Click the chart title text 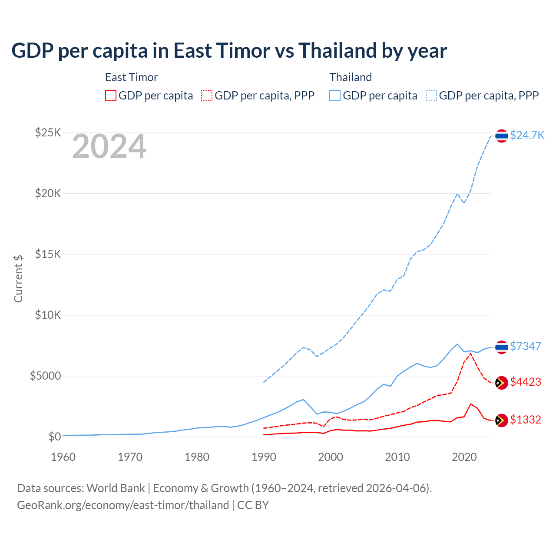[229, 51]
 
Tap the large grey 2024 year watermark [109, 147]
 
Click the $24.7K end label [527, 135]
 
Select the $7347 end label [525, 346]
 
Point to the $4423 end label [525, 382]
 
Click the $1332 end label [525, 420]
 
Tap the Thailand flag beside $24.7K [501, 136]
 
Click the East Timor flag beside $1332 [501, 420]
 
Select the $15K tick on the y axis [48, 254]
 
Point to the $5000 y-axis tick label [45, 376]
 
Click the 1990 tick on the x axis [264, 457]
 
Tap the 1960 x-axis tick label [63, 457]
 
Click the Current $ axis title [18, 278]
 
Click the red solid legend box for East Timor [111, 96]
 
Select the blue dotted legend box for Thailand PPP [431, 96]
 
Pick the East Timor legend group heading [131, 77]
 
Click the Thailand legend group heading [351, 77]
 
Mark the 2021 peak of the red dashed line [471, 354]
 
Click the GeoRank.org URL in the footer [123, 505]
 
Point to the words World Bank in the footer [116, 488]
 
